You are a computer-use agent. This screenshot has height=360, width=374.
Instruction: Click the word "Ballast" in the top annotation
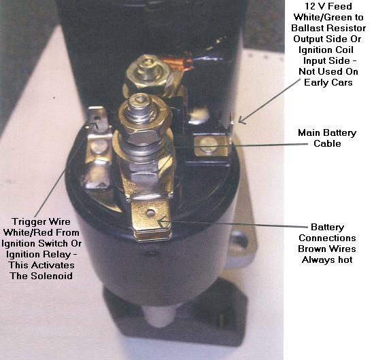pos(307,28)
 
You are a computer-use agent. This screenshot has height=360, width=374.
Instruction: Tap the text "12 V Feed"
pos(328,6)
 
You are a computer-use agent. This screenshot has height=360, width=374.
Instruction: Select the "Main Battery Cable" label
pos(327,138)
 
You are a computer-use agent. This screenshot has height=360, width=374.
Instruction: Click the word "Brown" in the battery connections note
pos(313,249)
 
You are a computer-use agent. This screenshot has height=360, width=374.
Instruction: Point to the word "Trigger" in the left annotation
pos(27,222)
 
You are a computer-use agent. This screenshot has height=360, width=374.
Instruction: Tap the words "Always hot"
pos(327,259)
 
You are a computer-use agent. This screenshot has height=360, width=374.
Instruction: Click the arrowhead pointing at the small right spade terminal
pos(241,120)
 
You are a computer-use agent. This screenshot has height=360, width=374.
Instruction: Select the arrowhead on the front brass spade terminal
pos(163,222)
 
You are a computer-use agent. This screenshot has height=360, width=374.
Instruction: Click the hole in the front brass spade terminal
pos(150,213)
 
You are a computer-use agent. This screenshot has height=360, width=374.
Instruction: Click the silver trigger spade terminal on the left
pos(99,147)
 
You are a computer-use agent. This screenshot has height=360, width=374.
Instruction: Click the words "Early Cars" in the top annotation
pos(328,82)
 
